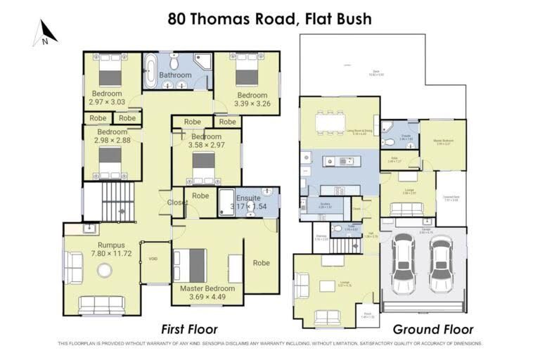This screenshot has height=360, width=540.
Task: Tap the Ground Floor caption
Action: tap(432, 329)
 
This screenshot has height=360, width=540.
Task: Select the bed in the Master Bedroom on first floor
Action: tap(191, 264)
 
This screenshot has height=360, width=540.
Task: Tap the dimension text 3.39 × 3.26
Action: tap(251, 104)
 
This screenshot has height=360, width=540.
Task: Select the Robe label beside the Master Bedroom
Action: tap(261, 263)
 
